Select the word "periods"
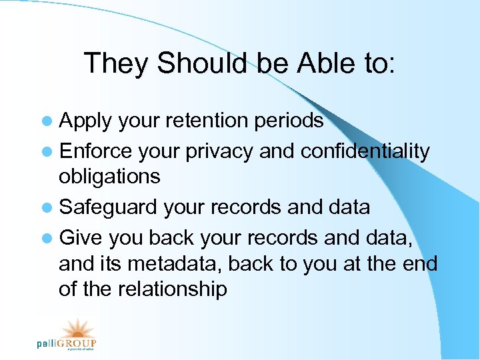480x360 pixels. coord(291,121)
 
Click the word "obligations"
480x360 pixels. coord(109,177)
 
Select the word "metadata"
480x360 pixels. coord(177,264)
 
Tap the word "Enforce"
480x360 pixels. coord(96,151)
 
